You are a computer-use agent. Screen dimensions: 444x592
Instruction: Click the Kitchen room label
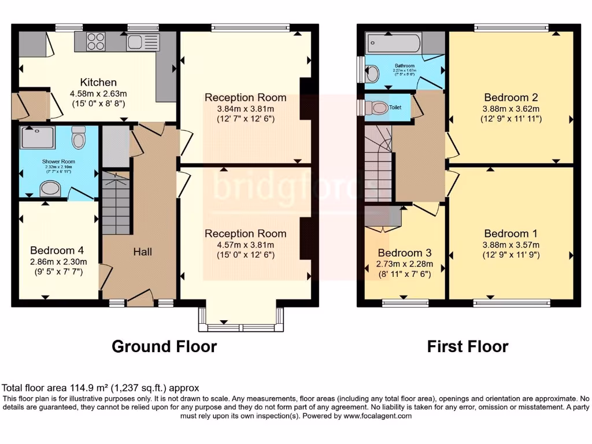[x=98, y=83]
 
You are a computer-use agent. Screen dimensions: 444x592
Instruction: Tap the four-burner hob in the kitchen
[x=97, y=41]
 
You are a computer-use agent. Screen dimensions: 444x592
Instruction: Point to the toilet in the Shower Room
[x=79, y=139]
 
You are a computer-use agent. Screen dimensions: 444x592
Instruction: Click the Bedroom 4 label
[x=57, y=250]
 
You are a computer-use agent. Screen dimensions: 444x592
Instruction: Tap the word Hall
[x=143, y=251]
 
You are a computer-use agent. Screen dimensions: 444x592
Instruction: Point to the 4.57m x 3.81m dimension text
[x=245, y=245]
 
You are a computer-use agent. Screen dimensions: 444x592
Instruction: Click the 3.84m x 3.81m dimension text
[x=245, y=109]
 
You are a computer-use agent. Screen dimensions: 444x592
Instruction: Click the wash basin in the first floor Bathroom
[x=373, y=73]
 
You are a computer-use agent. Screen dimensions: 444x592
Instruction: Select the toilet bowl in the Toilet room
[x=378, y=108]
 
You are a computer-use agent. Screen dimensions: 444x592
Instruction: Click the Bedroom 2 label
[x=506, y=97]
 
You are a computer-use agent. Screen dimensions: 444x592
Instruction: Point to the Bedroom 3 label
[x=404, y=253]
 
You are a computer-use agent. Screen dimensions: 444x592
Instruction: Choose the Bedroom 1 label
[x=510, y=234]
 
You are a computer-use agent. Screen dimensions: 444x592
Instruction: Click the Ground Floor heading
[x=164, y=346]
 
